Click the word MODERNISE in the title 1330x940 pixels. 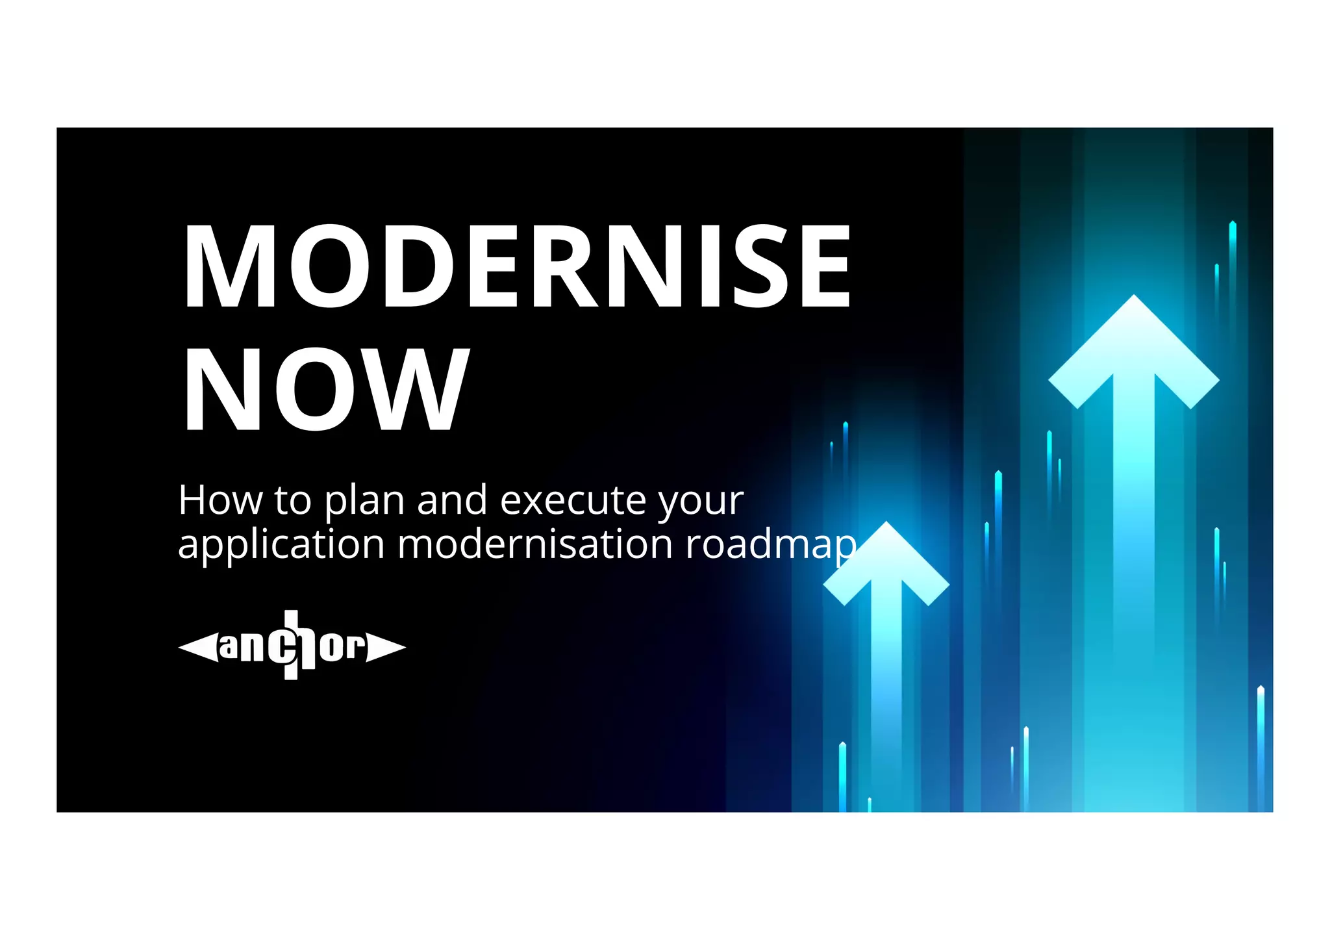point(517,266)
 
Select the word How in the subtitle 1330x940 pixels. point(220,500)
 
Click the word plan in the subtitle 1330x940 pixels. point(364,502)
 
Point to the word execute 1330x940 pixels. point(573,500)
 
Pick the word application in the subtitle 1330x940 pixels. point(281,545)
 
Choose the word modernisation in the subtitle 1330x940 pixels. point(534,544)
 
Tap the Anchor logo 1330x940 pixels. point(292,646)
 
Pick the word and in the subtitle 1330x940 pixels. point(452,500)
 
